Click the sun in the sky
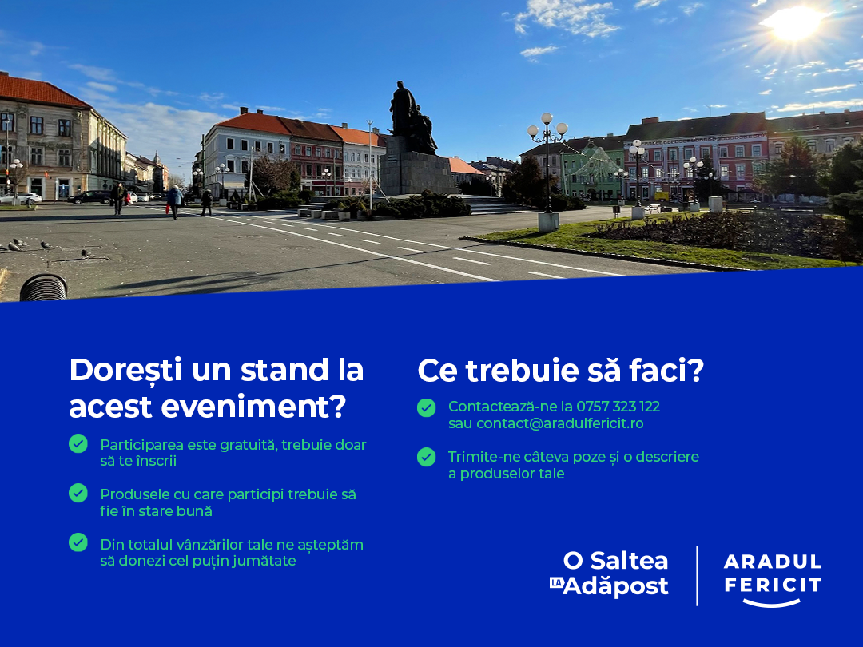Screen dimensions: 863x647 793,22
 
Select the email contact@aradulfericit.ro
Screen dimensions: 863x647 559,423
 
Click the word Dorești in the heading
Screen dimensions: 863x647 125,369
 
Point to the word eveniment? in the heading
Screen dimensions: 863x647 253,407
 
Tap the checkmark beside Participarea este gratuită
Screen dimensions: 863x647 78,443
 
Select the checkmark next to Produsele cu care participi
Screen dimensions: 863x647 78,493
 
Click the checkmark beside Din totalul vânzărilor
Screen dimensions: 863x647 78,542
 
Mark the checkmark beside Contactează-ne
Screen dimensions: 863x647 426,407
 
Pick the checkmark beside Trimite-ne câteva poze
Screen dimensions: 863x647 426,457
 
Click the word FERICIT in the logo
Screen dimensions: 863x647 773,585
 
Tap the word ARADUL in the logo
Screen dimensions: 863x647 773,562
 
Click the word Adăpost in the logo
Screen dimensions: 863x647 616,586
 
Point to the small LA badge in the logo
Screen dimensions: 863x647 556,582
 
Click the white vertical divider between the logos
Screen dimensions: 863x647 698,576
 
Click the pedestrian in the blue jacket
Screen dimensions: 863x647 174,201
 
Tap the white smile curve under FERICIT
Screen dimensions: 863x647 772,604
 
